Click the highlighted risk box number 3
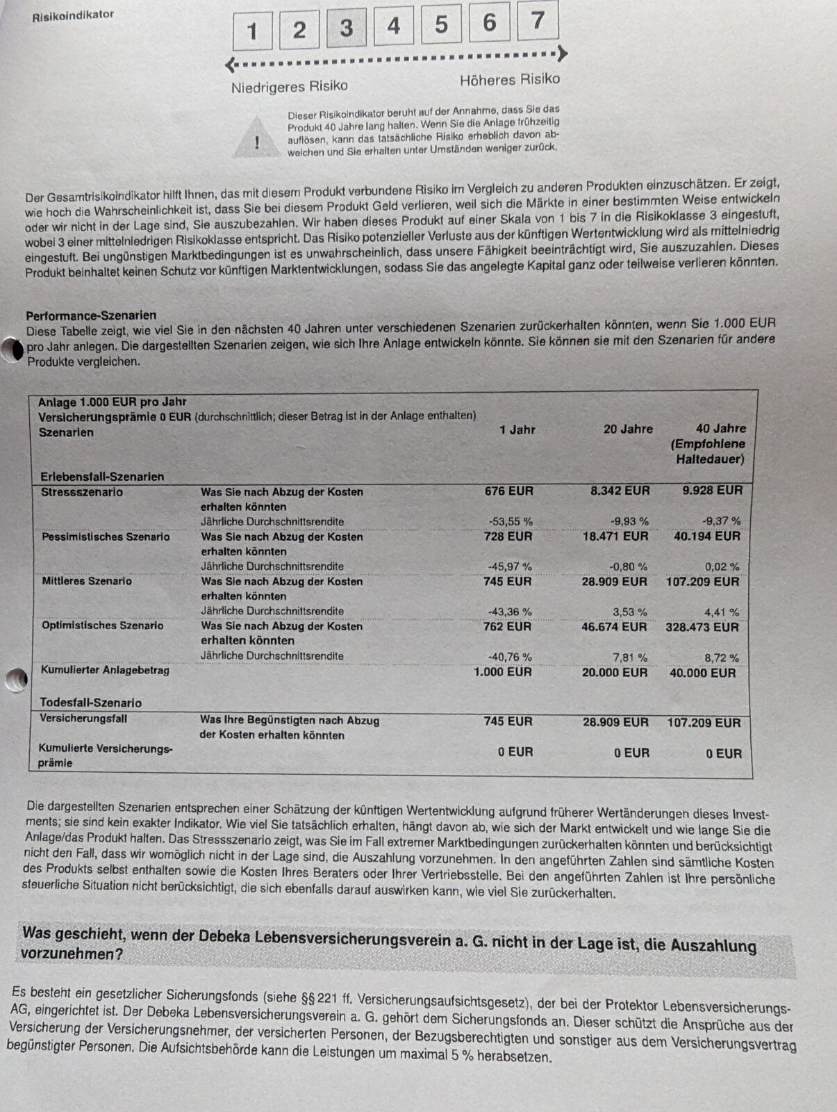[346, 28]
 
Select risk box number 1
[252, 31]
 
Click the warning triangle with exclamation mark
[257, 140]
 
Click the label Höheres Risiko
[509, 80]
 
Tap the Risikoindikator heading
[73, 15]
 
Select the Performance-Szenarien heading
[91, 315]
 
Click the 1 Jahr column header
[517, 430]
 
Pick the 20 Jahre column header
[628, 429]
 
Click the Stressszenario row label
[82, 492]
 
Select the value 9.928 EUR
[712, 490]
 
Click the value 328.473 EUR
[702, 627]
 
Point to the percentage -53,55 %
[510, 521]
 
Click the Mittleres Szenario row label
[87, 581]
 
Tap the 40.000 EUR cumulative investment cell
[702, 673]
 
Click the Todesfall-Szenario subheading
[90, 703]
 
